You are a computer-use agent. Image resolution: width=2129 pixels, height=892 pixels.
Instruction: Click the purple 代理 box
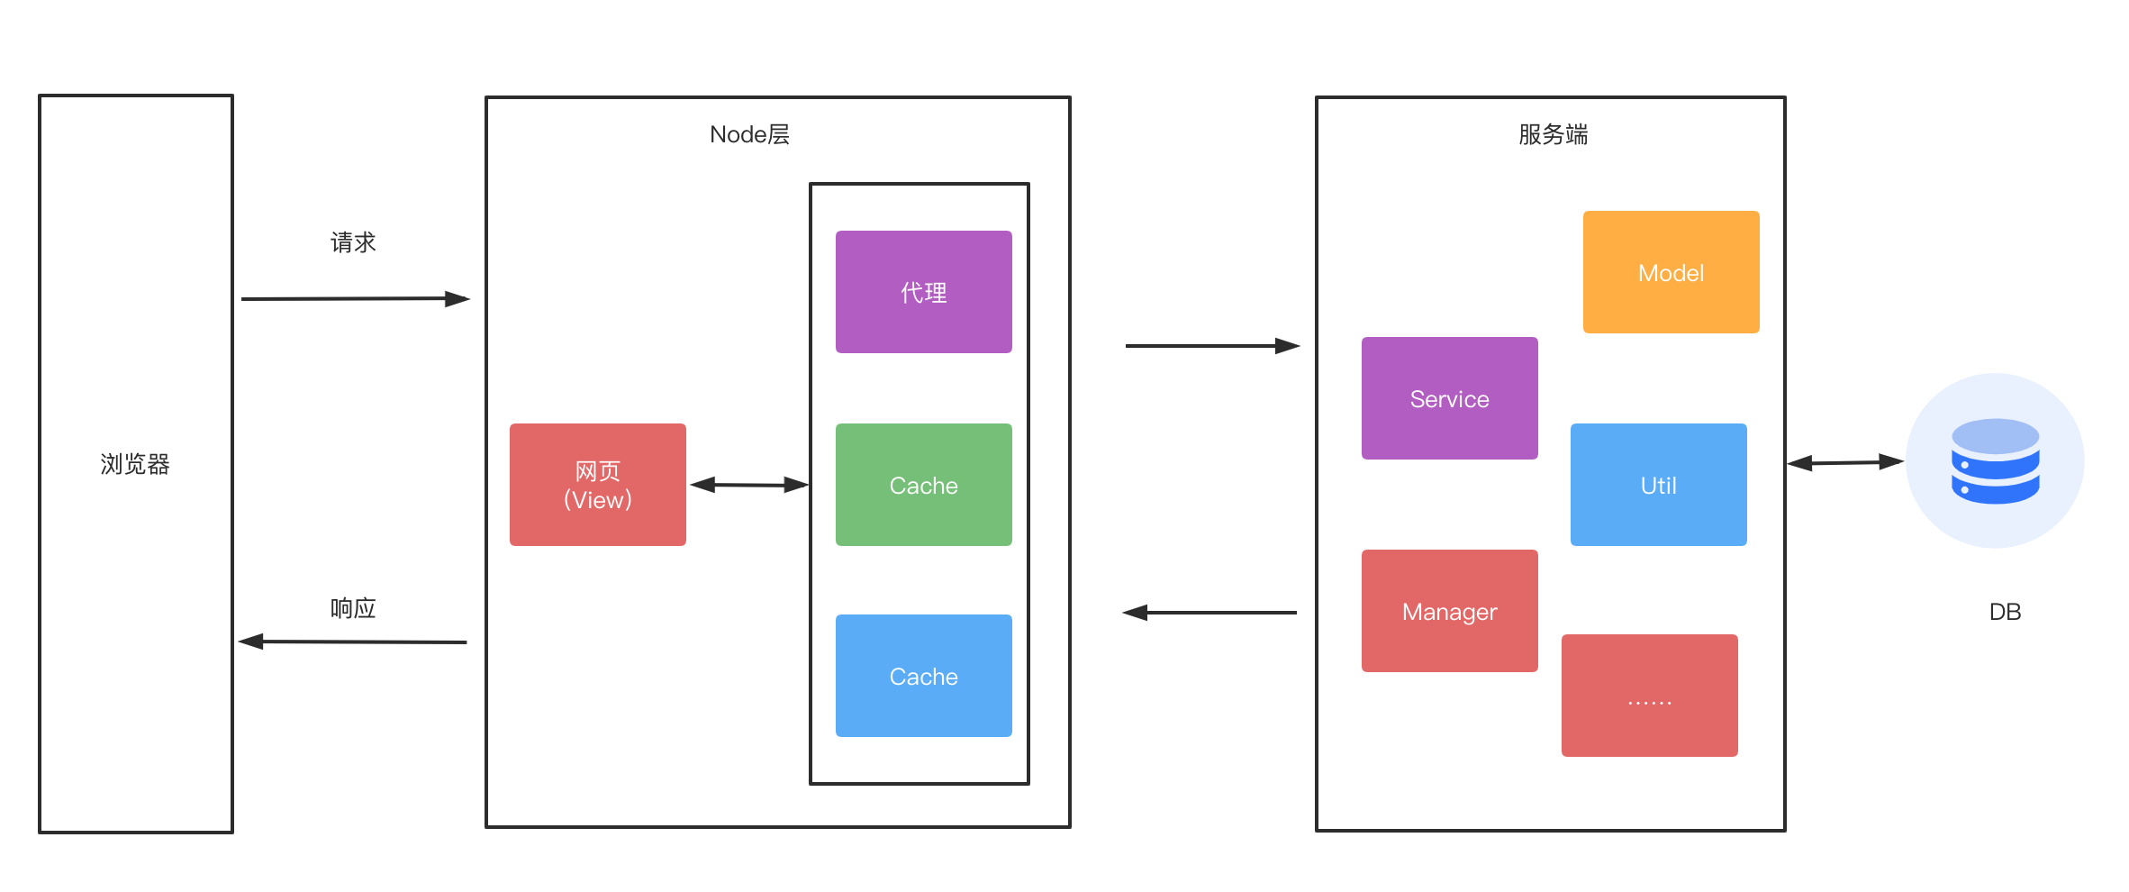pyautogui.click(x=923, y=292)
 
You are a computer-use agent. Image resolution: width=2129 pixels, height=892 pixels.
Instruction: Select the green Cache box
pyautogui.click(x=923, y=485)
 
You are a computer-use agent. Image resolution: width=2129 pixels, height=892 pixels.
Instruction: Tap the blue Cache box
pyautogui.click(x=923, y=676)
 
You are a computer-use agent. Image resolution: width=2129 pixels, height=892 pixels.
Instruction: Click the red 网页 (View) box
pyautogui.click(x=597, y=485)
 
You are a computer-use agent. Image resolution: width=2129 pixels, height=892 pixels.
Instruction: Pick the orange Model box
pyautogui.click(x=1671, y=272)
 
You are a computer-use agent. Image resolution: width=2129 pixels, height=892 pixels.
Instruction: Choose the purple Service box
pyautogui.click(x=1449, y=398)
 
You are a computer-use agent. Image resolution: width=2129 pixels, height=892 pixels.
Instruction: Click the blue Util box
pyautogui.click(x=1658, y=485)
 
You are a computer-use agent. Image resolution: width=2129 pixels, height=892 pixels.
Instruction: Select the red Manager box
pyautogui.click(x=1449, y=611)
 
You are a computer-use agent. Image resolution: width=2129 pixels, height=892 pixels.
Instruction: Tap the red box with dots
pyautogui.click(x=1649, y=696)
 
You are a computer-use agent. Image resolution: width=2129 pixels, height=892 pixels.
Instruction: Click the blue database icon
pyautogui.click(x=1995, y=461)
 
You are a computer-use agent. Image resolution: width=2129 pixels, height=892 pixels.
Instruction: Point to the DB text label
pyautogui.click(x=2005, y=612)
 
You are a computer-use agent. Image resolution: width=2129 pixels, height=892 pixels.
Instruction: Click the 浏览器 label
pyautogui.click(x=135, y=464)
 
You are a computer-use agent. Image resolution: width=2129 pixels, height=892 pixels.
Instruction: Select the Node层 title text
pyautogui.click(x=749, y=134)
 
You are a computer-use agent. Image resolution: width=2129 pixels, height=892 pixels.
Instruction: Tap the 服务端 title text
pyautogui.click(x=1553, y=134)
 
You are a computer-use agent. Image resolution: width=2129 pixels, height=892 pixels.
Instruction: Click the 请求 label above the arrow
pyautogui.click(x=353, y=242)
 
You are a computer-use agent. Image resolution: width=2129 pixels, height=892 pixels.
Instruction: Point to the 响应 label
pyautogui.click(x=353, y=608)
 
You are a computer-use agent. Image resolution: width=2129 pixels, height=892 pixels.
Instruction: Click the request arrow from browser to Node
pyautogui.click(x=355, y=298)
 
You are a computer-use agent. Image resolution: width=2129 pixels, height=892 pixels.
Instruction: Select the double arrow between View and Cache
pyautogui.click(x=748, y=485)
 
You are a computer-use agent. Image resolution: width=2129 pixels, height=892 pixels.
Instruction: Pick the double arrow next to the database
pyautogui.click(x=1844, y=462)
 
